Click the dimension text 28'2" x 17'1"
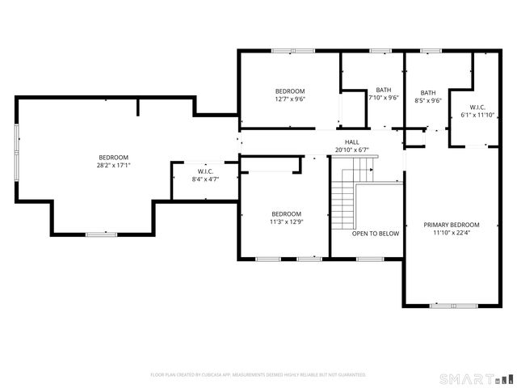tap(113, 165)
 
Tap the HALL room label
tap(352, 141)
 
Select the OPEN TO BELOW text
tap(375, 234)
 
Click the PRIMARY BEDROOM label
tap(452, 225)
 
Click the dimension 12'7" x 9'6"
tap(290, 99)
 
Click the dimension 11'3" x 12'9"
tap(286, 221)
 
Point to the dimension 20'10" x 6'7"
tap(352, 150)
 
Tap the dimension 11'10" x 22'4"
tap(452, 233)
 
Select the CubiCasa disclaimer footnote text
tap(258, 375)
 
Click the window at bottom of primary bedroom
tap(452, 306)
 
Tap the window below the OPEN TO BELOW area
tap(370, 259)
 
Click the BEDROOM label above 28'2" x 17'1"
tap(113, 157)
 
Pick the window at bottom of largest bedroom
tap(96, 234)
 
